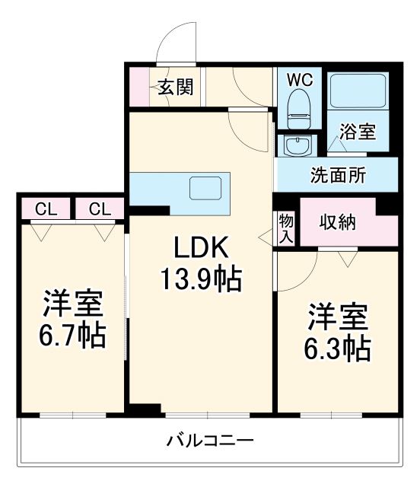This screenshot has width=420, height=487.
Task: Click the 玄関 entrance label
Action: (176, 88)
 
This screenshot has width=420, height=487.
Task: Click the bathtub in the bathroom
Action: (358, 93)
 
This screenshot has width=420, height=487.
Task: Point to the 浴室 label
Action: (357, 132)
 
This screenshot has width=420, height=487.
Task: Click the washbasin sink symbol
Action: (294, 144)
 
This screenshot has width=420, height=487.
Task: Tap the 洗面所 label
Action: (337, 175)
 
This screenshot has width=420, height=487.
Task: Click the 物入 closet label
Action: (286, 228)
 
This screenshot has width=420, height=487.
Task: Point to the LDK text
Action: (200, 249)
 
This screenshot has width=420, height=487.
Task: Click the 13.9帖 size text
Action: (200, 280)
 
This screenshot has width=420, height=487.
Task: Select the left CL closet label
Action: (43, 208)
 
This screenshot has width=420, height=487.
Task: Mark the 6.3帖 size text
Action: (339, 348)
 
